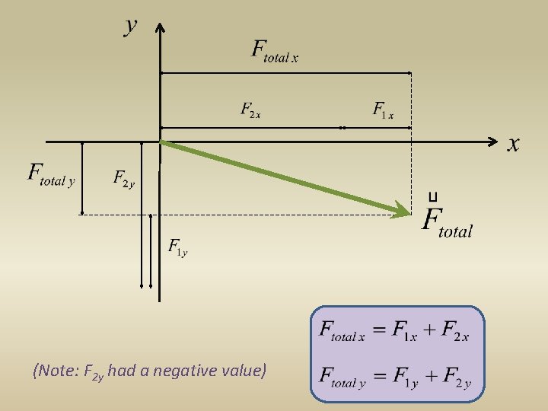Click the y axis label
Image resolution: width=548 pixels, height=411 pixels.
click(x=131, y=26)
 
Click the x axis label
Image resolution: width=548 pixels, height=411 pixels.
click(x=514, y=143)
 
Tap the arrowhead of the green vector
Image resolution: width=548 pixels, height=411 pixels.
click(x=401, y=209)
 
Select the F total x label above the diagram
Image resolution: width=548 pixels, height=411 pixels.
click(x=275, y=50)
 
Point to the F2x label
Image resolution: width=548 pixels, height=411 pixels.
click(x=251, y=111)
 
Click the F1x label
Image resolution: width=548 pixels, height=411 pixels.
click(x=383, y=111)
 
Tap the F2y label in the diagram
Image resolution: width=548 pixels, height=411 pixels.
click(x=123, y=179)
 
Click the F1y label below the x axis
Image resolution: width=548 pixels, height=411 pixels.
click(x=177, y=247)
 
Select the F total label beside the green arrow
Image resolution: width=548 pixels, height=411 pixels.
click(x=448, y=222)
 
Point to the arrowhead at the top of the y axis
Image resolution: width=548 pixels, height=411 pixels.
click(x=160, y=29)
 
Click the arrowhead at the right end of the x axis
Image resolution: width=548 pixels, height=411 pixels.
click(x=494, y=142)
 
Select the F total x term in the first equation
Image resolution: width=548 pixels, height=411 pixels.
click(x=342, y=332)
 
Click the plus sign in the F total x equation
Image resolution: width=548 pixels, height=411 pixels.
click(x=429, y=331)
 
